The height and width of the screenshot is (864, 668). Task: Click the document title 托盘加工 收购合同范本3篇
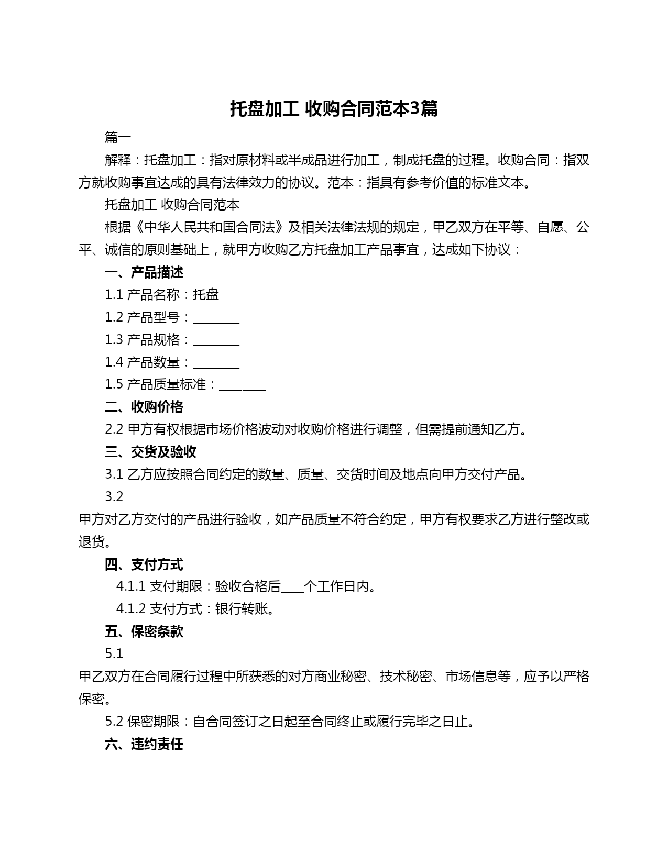click(334, 108)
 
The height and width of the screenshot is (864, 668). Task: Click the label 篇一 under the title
click(118, 138)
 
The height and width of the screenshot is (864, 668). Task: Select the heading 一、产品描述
click(144, 272)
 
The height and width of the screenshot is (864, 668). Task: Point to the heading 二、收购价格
click(144, 407)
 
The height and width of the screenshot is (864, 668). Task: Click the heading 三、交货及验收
click(150, 452)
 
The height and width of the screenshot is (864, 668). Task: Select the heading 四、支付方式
click(144, 564)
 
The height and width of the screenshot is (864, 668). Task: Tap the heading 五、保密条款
click(144, 632)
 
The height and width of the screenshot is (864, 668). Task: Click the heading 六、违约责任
click(144, 744)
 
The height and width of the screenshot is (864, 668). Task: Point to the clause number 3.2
click(114, 496)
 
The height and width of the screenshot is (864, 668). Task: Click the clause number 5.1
click(114, 654)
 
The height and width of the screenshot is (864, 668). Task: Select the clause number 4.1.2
click(131, 609)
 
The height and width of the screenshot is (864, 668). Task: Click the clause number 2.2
click(114, 429)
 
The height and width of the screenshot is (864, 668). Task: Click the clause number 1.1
click(114, 295)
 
